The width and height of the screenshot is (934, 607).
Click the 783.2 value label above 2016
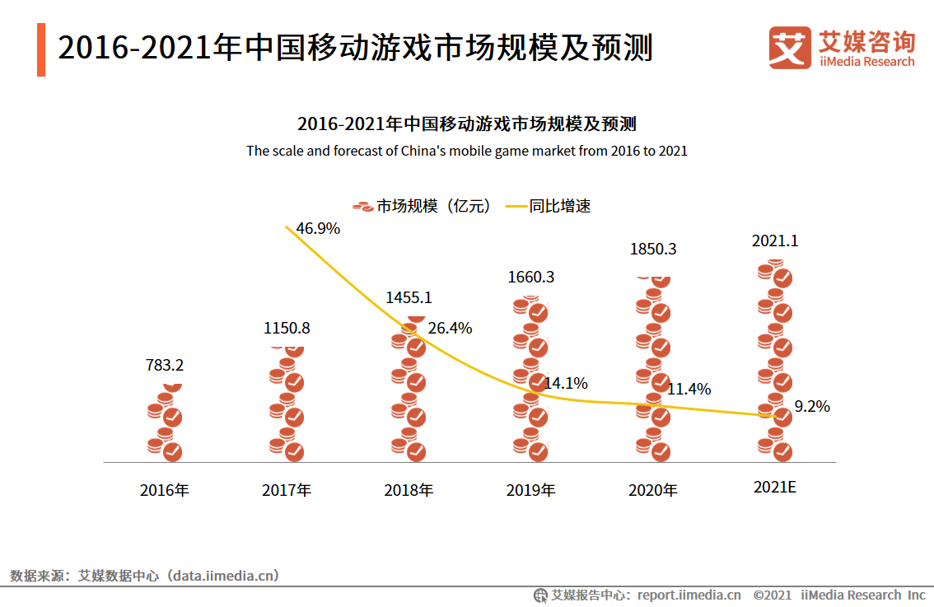point(165,365)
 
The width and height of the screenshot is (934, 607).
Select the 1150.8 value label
point(287,328)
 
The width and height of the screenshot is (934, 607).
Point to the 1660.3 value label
point(530,277)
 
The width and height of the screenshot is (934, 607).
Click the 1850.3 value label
point(652,249)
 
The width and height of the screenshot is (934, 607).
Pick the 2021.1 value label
point(775,241)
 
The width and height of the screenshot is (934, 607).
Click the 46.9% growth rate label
point(318,229)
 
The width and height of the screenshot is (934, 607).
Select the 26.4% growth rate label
point(450,329)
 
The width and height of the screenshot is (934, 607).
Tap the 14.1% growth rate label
point(565,383)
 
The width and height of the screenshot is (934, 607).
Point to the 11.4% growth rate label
point(689,389)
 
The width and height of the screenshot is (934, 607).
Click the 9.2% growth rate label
point(811,406)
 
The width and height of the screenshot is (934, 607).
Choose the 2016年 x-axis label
point(165,490)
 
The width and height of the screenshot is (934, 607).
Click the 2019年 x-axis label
point(530,490)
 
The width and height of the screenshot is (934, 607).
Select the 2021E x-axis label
point(775,487)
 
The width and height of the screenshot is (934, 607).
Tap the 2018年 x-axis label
point(409,490)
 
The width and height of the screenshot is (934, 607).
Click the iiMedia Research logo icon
point(789,47)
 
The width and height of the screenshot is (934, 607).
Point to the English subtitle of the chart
point(466,151)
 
